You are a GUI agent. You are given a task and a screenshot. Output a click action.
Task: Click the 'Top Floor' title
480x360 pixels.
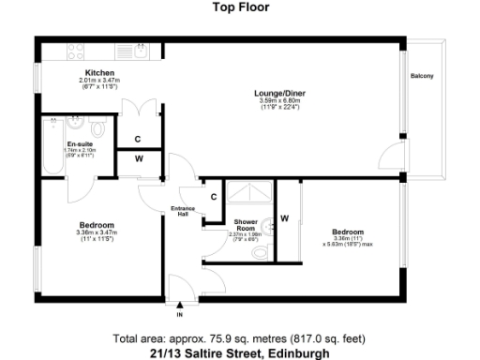241,7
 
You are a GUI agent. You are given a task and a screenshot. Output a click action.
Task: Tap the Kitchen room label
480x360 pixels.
99,73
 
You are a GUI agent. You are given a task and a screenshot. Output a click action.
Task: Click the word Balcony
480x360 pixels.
422,76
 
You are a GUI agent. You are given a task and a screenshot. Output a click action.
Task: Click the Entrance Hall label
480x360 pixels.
181,211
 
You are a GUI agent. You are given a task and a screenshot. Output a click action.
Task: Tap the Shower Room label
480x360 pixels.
245,226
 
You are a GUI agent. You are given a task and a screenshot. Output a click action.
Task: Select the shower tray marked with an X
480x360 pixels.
248,191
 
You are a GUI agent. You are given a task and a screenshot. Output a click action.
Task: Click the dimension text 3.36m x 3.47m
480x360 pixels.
97,232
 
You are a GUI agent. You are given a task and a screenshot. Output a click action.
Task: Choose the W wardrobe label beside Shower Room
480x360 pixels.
285,218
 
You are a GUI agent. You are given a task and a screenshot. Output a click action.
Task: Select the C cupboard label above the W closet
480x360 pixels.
137,139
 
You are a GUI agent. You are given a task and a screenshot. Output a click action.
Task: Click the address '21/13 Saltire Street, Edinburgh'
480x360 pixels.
241,353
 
